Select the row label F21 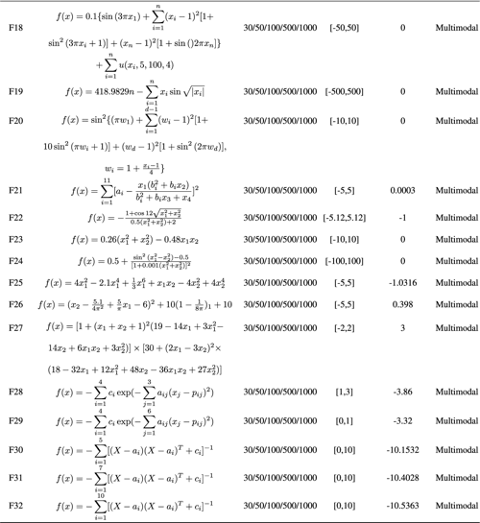pos(15,191)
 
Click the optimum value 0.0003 pos(403,191)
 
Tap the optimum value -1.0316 pos(403,283)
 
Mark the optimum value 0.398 pos(403,304)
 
